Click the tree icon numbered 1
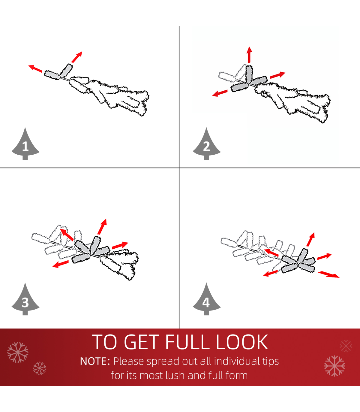click(x=25, y=144)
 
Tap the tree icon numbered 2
click(x=206, y=144)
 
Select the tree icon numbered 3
click(x=25, y=299)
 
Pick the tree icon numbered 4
click(x=206, y=299)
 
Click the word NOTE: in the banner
click(x=95, y=361)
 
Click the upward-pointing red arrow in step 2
click(x=249, y=55)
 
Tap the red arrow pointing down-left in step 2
click(x=220, y=93)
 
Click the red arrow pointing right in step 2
click(x=278, y=75)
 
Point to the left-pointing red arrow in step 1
click(x=35, y=68)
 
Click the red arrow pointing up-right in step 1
click(x=77, y=57)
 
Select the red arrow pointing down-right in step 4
click(x=328, y=274)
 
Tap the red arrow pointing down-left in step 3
click(x=60, y=264)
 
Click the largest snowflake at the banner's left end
click(x=18, y=353)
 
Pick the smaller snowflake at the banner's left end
click(x=40, y=368)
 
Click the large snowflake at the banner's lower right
click(x=335, y=366)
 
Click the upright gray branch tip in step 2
click(x=249, y=74)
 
